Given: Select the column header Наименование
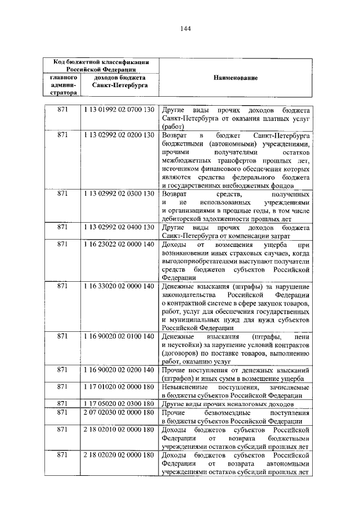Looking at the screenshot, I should click(235, 78).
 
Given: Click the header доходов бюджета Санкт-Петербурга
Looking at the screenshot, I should click(119, 82).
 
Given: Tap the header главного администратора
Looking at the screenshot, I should click(62, 82).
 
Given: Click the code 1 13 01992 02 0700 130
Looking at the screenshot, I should click(119, 109).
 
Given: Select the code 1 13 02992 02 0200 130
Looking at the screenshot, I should click(119, 136).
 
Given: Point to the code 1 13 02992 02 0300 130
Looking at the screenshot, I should click(119, 193).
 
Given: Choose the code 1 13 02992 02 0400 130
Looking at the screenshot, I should click(119, 228).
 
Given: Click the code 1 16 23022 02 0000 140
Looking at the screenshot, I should click(119, 245).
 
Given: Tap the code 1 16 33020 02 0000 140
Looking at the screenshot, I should click(119, 286).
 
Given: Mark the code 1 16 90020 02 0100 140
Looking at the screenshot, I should click(119, 336).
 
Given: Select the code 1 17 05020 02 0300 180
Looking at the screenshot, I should click(119, 404).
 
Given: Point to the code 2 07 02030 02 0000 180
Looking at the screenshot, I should click(119, 412).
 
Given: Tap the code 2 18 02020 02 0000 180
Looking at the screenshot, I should click(119, 454).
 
